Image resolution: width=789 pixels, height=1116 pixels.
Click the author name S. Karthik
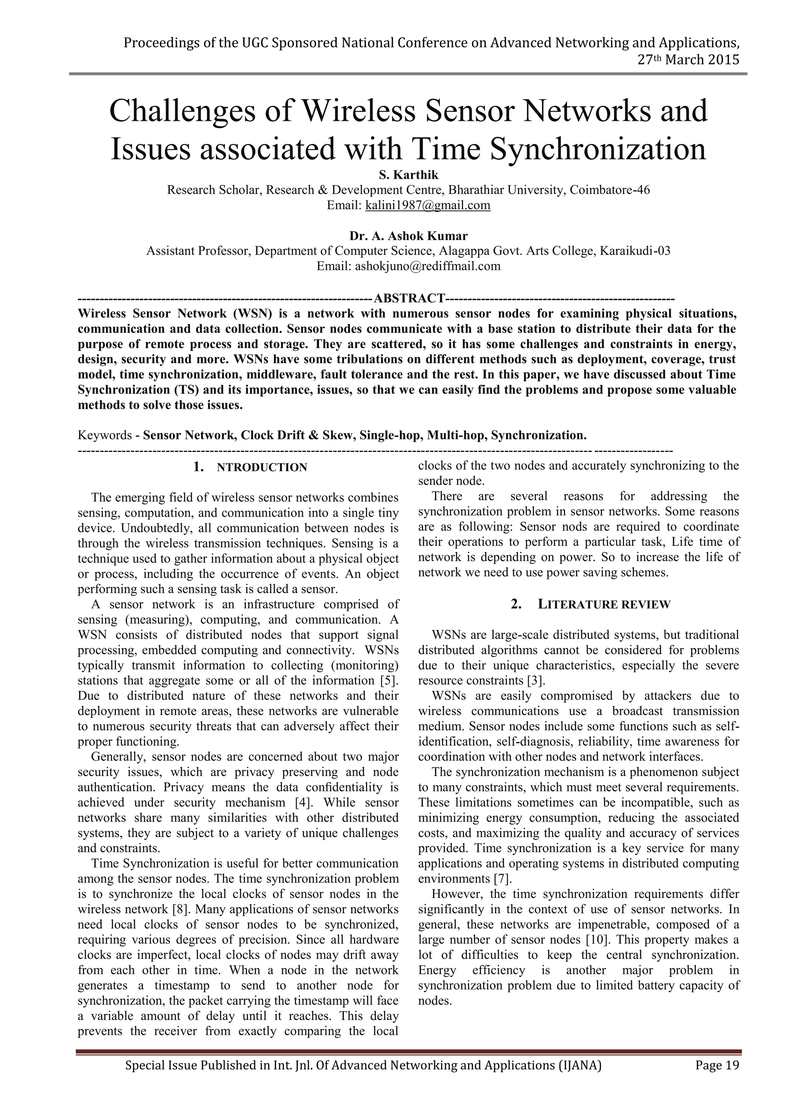pyautogui.click(x=408, y=175)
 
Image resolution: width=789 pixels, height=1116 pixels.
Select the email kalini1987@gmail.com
pyautogui.click(x=427, y=205)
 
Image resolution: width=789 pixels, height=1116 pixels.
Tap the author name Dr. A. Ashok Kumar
pyautogui.click(x=408, y=236)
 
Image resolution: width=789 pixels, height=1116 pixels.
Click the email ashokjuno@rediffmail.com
pyautogui.click(x=427, y=266)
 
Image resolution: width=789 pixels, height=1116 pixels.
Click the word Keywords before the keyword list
pyautogui.click(x=104, y=435)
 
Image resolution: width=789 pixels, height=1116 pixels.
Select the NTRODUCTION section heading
pyautogui.click(x=262, y=468)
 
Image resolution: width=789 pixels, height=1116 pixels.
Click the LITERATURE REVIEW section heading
pyautogui.click(x=604, y=605)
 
